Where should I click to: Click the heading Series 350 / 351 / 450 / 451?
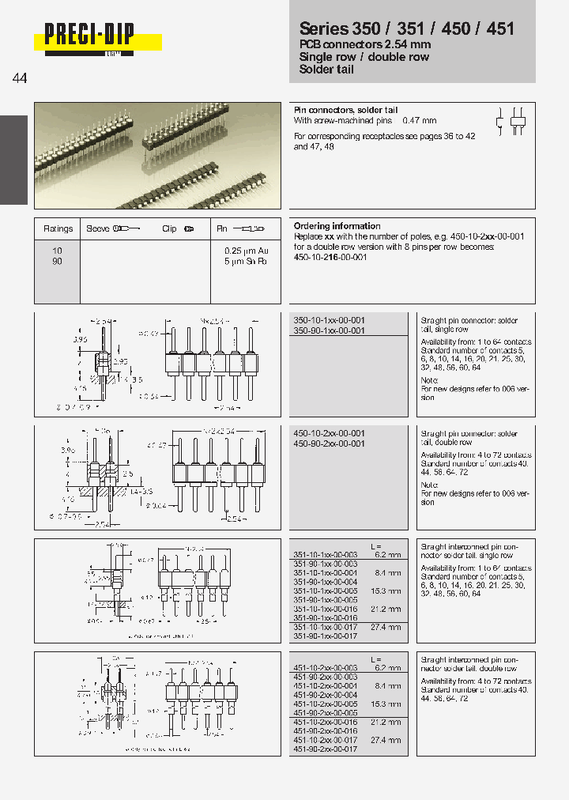406,28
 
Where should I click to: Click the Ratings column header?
58,228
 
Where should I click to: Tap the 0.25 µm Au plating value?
246,251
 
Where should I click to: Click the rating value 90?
57,261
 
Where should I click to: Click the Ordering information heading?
337,226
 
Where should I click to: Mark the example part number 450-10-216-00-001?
330,257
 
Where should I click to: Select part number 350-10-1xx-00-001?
329,321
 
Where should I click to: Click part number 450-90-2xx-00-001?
329,443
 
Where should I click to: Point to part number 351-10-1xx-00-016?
325,609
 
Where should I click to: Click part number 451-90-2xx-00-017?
325,749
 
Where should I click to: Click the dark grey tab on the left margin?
13,159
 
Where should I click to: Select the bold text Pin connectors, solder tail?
345,110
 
